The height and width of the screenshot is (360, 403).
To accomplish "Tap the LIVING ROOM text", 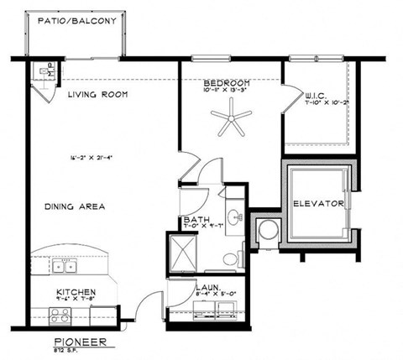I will coord(97,95).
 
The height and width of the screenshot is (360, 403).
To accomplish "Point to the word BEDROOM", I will coord(227,84).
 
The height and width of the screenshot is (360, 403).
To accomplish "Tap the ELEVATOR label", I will coord(318,204).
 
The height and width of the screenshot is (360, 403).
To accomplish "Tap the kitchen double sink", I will coord(64,266).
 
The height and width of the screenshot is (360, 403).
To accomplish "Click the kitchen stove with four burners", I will coord(61,316).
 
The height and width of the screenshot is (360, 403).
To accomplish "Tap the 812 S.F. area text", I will coord(79,351).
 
